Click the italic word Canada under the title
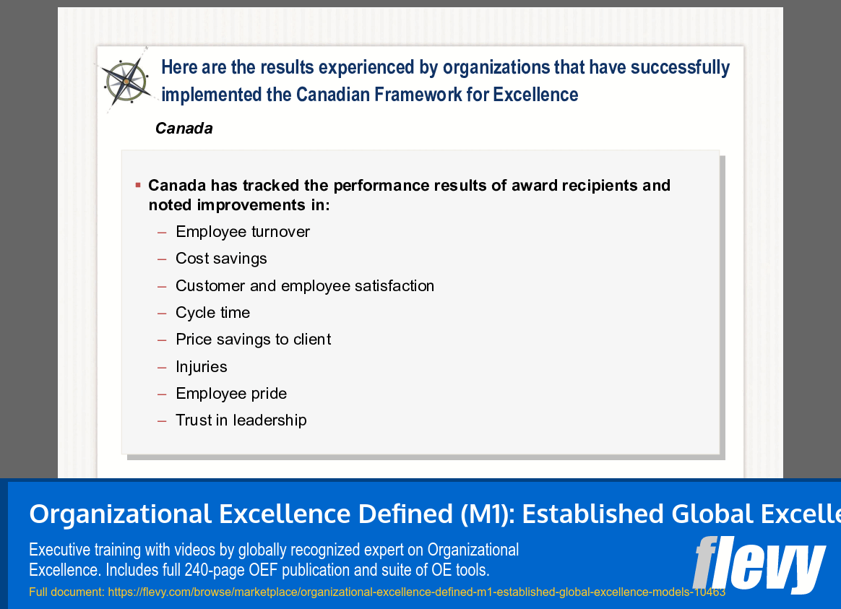click(184, 129)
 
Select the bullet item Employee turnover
click(243, 232)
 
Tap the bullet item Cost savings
click(221, 259)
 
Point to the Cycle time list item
click(212, 313)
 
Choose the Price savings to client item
click(253, 340)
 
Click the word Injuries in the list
click(201, 367)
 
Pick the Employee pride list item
click(231, 394)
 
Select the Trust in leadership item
click(241, 420)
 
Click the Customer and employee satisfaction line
click(305, 286)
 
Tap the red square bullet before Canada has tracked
click(138, 186)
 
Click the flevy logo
click(758, 564)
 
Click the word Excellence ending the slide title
click(535, 95)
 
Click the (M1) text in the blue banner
click(486, 514)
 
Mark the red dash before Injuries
click(162, 367)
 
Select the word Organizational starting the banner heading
click(119, 514)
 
